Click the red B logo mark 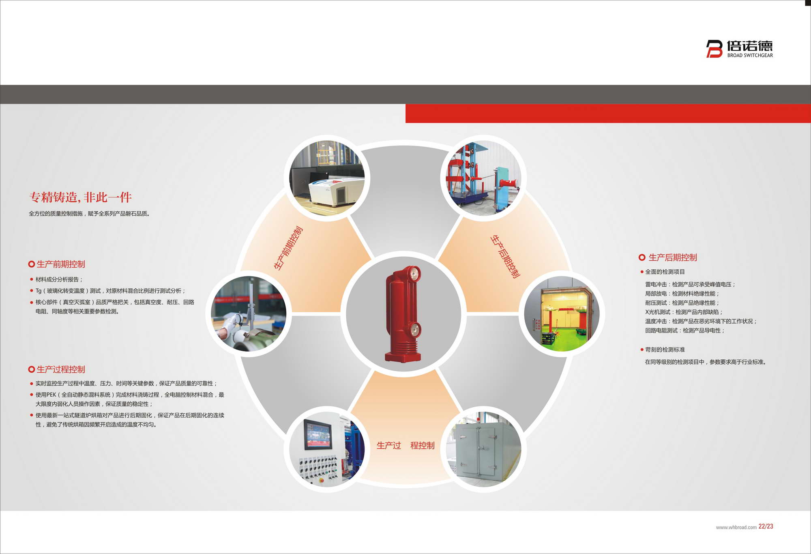(714, 49)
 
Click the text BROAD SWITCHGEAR (750, 56)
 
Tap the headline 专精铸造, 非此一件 (80, 197)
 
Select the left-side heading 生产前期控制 (61, 264)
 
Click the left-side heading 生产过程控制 (61, 369)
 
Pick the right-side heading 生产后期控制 (673, 258)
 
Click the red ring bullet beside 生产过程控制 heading (31, 369)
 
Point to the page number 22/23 (766, 526)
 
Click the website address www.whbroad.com (736, 527)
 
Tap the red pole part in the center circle (403, 314)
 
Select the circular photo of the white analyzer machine (327, 178)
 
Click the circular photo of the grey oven (483, 449)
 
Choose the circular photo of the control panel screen (327, 449)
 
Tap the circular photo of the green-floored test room (562, 314)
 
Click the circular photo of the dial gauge (249, 314)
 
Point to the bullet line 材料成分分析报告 (59, 279)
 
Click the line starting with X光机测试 (684, 312)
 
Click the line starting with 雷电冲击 (690, 284)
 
